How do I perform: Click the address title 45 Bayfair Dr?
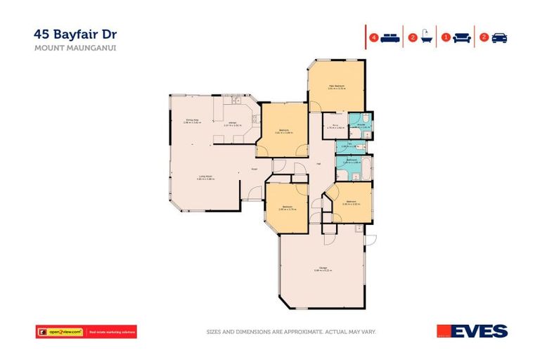[x=71, y=34]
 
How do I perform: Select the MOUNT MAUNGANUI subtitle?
[x=65, y=49]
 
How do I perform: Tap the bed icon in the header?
[x=390, y=38]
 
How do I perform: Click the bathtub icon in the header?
[x=425, y=38]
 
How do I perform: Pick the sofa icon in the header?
[x=461, y=38]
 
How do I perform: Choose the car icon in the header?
[x=499, y=38]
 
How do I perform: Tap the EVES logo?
[x=472, y=331]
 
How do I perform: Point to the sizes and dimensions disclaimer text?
[x=291, y=331]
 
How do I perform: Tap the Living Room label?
[x=205, y=176]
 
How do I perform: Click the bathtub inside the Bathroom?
[x=366, y=165]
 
